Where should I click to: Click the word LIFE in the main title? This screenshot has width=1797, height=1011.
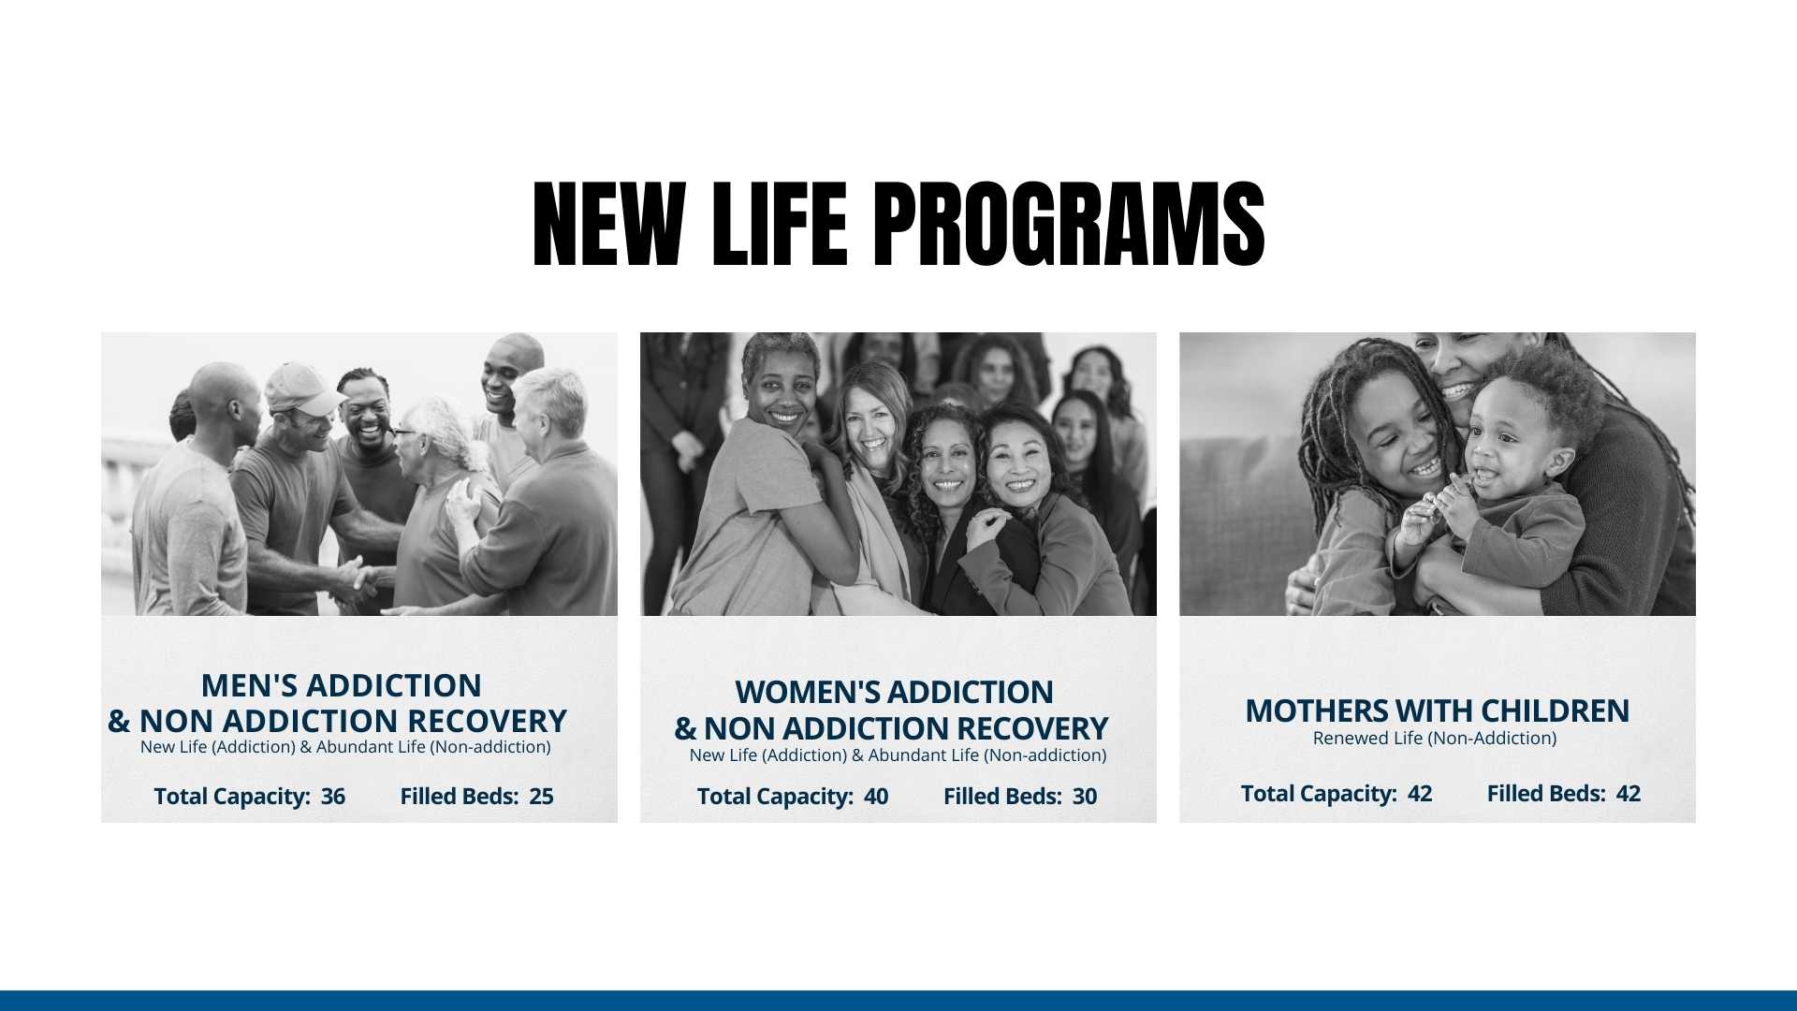pyautogui.click(x=780, y=225)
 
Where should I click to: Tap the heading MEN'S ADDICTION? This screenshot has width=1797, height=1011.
pyautogui.click(x=341, y=685)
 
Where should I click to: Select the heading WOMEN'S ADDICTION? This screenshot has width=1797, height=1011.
pyautogui.click(x=894, y=692)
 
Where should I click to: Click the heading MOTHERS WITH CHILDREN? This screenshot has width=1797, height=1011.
pyautogui.click(x=1437, y=711)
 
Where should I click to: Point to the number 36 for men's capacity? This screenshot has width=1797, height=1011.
pyautogui.click(x=333, y=797)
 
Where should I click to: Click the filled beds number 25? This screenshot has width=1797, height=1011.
pyautogui.click(x=541, y=797)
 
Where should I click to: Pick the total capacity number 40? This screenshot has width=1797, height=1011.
pyautogui.click(x=876, y=797)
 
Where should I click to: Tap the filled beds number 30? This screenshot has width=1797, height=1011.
pyautogui.click(x=1085, y=797)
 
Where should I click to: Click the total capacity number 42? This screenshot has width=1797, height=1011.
pyautogui.click(x=1420, y=794)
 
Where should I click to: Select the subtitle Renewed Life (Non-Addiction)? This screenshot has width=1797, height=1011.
pyautogui.click(x=1435, y=738)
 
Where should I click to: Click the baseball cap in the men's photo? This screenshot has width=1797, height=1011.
pyautogui.click(x=303, y=388)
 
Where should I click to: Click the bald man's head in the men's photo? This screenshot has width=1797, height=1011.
pyautogui.click(x=225, y=403)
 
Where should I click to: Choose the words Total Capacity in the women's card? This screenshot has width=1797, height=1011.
pyautogui.click(x=774, y=797)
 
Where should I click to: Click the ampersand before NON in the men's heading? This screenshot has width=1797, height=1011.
pyautogui.click(x=119, y=721)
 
